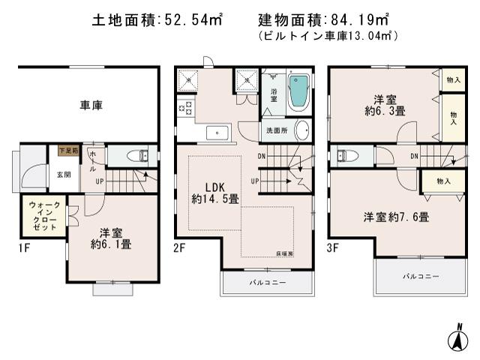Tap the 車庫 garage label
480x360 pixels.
click(91, 105)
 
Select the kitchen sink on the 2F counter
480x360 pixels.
click(217, 133)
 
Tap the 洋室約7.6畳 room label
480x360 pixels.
click(396, 217)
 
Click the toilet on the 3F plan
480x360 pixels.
click(344, 156)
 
